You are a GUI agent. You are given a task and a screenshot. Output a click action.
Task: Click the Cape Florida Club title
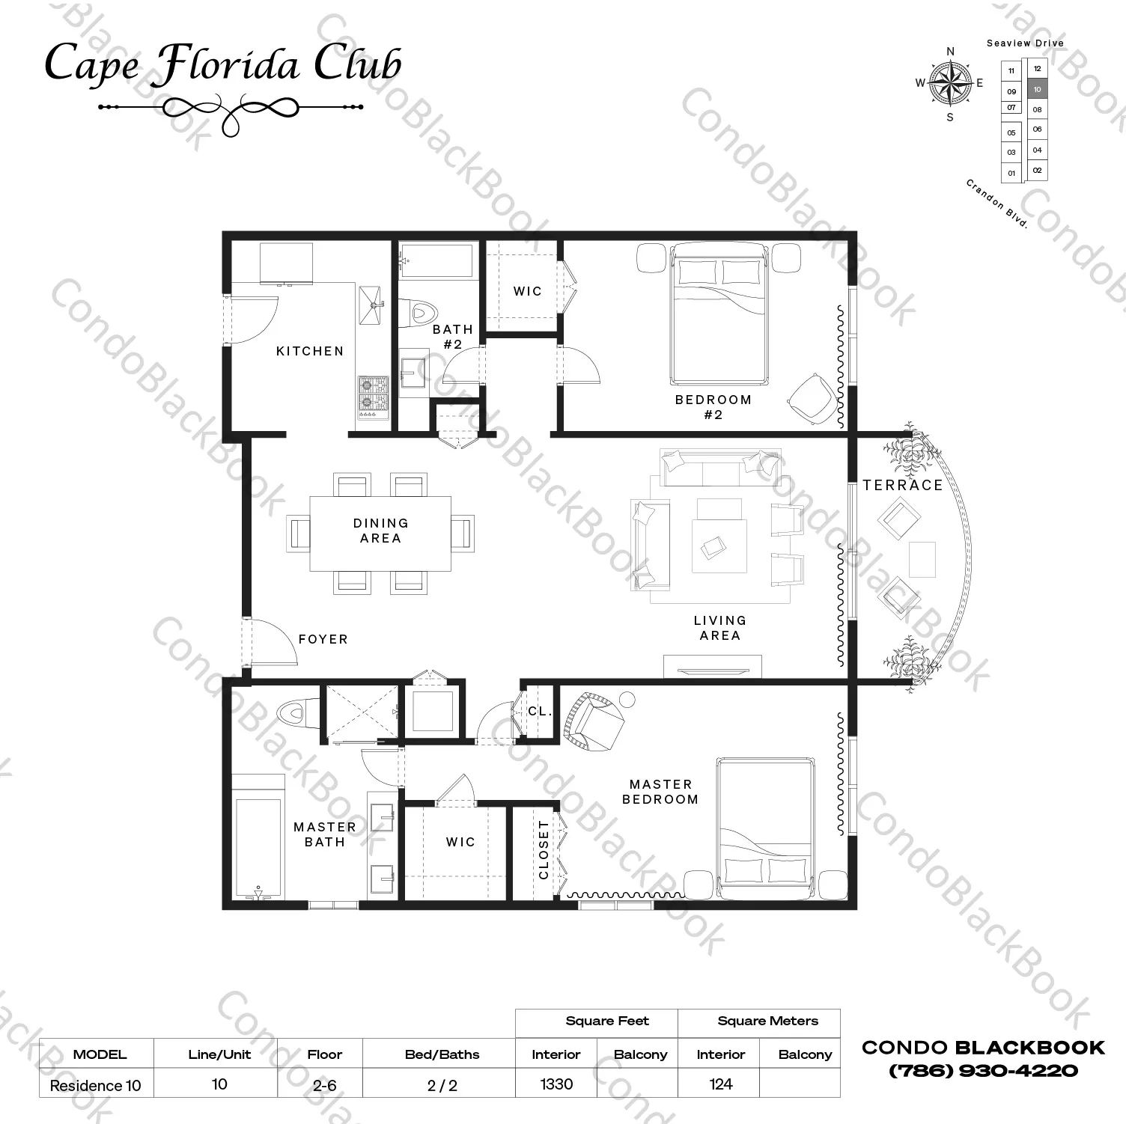coord(223,64)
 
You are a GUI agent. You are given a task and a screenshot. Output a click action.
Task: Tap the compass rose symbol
coord(950,82)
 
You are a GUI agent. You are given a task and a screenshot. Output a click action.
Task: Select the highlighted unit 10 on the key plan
coord(1037,89)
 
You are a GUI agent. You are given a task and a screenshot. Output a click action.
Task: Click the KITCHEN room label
coord(310,351)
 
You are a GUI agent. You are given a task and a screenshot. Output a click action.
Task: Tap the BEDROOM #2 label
coord(713,407)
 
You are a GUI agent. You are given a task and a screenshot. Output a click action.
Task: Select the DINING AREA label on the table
coord(381,531)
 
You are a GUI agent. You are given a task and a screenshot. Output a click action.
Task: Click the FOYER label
coord(323,639)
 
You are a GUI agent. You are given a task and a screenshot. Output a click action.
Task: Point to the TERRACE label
coord(902,485)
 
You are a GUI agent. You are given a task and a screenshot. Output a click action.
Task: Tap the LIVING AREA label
coord(719,628)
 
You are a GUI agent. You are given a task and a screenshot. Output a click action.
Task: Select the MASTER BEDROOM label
coord(660,792)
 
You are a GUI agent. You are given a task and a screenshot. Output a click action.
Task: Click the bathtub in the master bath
coord(258,846)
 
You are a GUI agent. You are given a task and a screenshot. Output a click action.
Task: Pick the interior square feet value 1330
coord(556,1084)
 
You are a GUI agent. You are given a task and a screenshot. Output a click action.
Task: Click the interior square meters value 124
coord(720,1084)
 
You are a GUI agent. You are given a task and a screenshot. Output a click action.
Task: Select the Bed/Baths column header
coord(442,1054)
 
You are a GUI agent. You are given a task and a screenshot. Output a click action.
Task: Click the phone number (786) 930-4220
coord(983,1071)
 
